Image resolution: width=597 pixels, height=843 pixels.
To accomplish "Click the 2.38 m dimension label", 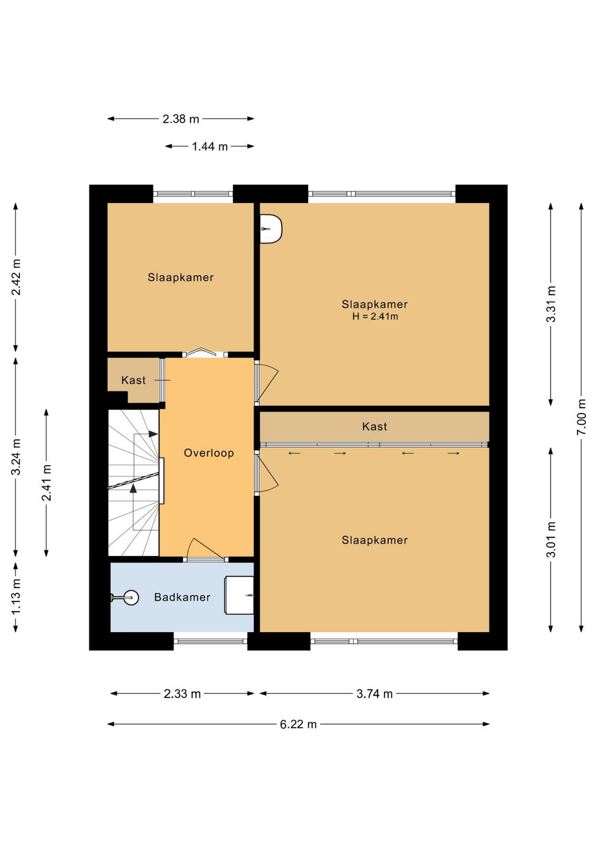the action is pos(180,119).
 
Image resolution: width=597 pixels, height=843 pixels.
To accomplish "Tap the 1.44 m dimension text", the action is pos(210,146).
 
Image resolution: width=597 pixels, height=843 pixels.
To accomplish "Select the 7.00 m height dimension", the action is pos(581,417).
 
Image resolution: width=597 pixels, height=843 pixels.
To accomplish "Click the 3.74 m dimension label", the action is pos(374,693).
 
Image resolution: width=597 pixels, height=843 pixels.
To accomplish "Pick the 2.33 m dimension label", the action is pos(182,693).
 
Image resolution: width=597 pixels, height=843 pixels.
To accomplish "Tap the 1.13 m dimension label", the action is pos(16,597).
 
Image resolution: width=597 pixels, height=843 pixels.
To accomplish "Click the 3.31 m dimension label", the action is pos(551,304).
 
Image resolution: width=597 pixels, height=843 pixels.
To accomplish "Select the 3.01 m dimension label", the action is pos(551,540).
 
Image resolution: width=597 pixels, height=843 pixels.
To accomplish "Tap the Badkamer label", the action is pos(182,597).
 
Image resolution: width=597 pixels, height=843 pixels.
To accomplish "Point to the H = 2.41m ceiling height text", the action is pos(375,317).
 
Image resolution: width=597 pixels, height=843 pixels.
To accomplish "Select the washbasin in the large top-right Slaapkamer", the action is pos(271,229).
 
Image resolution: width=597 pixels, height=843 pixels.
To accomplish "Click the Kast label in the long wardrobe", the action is pos(374,426).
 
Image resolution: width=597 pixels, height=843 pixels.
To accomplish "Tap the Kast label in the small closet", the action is pos(133,380).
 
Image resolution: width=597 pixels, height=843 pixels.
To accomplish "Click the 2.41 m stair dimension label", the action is pos(46,483).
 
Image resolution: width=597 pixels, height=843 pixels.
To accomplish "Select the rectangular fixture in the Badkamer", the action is pos(239,595).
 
